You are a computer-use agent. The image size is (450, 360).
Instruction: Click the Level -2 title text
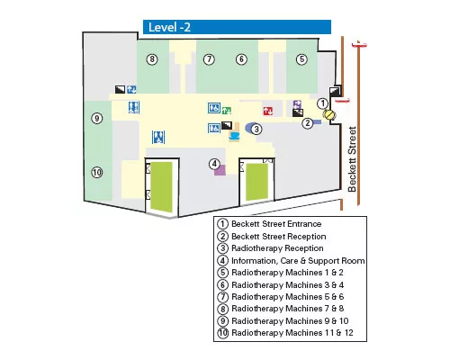point(169,27)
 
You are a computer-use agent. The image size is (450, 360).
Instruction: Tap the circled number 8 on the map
point(152,59)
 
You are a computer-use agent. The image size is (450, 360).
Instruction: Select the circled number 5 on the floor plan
point(301,59)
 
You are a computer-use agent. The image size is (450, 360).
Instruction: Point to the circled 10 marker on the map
point(97,172)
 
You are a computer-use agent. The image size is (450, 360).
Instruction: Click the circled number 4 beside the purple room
point(214,164)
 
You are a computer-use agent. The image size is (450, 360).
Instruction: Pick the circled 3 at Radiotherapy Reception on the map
point(256,130)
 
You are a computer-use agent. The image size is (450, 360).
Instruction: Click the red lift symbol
point(268,111)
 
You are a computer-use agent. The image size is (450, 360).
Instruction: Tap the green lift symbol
point(227,111)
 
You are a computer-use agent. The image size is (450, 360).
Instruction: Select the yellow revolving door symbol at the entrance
point(329,115)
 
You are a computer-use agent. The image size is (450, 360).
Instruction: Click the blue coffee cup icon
point(234,136)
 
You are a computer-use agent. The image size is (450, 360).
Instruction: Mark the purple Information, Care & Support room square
point(220,170)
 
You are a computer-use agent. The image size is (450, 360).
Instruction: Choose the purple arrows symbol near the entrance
point(297,104)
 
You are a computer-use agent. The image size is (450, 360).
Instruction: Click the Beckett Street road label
point(352,159)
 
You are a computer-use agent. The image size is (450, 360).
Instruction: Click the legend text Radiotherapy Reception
point(277,248)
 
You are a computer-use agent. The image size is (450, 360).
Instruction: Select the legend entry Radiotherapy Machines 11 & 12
point(292,333)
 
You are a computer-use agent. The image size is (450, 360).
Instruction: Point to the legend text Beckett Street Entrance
point(276,224)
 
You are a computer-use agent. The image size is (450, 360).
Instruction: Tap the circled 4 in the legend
point(222,260)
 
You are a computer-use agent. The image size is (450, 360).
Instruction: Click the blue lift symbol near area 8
point(131,89)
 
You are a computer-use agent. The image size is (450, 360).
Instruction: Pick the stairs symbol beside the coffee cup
point(227,125)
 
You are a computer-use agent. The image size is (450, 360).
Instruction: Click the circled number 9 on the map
point(97,118)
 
